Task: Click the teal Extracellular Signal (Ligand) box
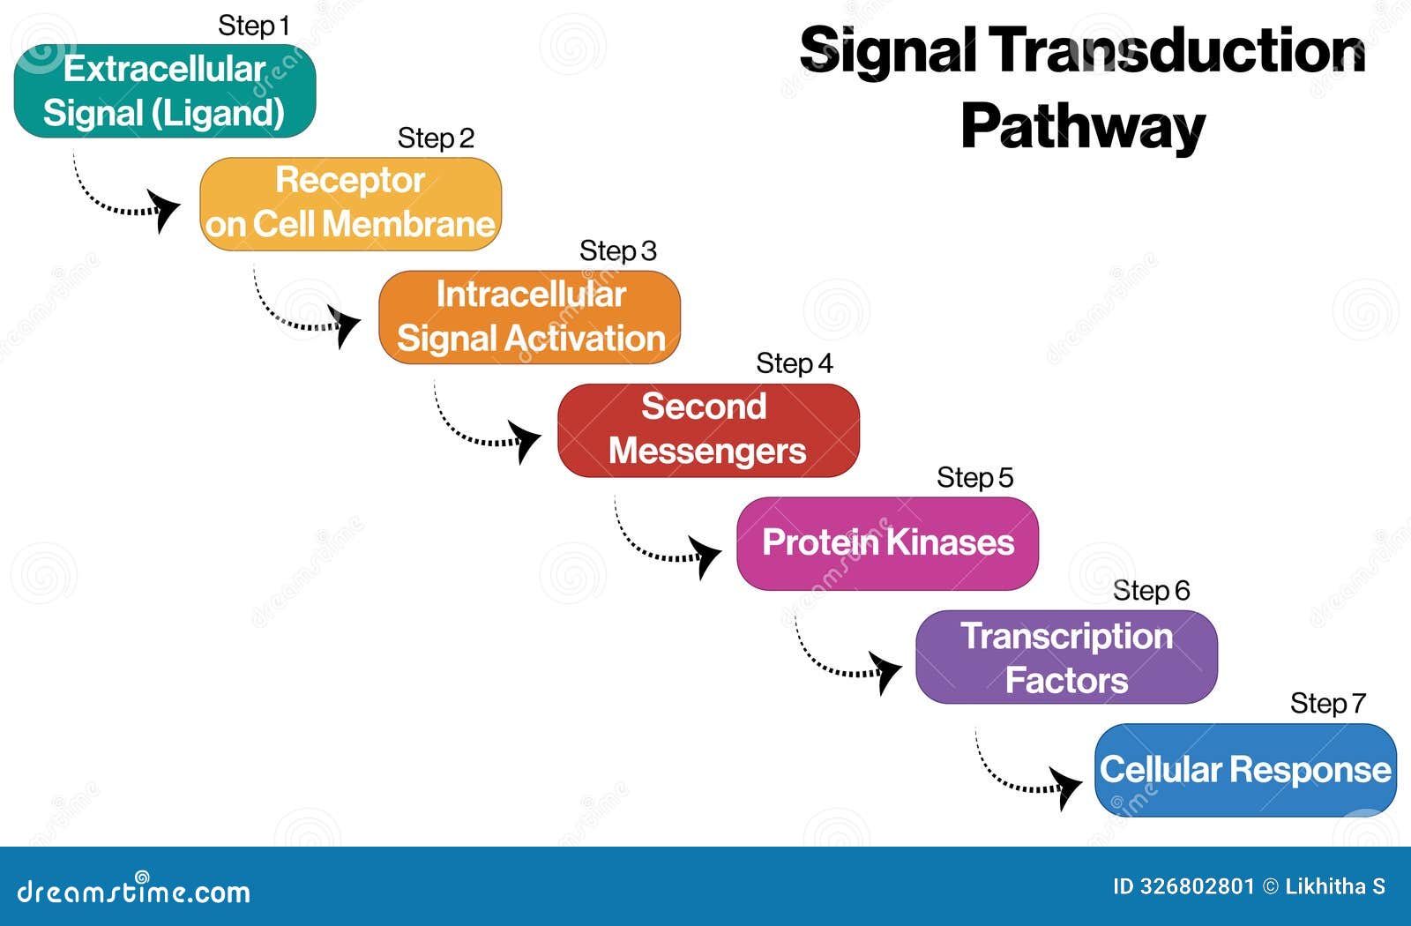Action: click(165, 91)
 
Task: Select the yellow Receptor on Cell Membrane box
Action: click(350, 204)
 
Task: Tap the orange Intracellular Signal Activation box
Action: click(529, 317)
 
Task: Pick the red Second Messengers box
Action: click(708, 429)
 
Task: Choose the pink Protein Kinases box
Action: click(887, 543)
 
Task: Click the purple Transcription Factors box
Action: click(1066, 657)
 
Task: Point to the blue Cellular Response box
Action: click(1245, 770)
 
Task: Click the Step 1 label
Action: click(253, 26)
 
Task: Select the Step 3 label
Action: click(617, 251)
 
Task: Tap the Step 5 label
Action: click(974, 478)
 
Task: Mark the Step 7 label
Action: click(1327, 704)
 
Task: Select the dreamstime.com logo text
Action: click(134, 891)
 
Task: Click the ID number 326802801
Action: click(1197, 886)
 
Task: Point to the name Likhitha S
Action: click(1335, 886)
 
